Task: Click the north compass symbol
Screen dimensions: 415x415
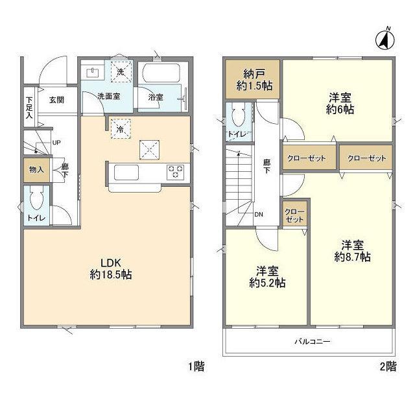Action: pyautogui.click(x=385, y=40)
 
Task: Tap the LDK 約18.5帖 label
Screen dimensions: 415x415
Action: pyautogui.click(x=111, y=268)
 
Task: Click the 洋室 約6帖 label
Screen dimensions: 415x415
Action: pyautogui.click(x=340, y=104)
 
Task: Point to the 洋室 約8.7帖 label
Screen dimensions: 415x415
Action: pyautogui.click(x=352, y=251)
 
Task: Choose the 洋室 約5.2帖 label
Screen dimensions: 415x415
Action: pyautogui.click(x=267, y=277)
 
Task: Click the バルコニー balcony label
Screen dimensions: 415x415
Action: pyautogui.click(x=313, y=342)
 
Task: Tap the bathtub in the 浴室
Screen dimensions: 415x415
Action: pyautogui.click(x=161, y=73)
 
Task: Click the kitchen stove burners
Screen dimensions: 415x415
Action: pyautogui.click(x=175, y=171)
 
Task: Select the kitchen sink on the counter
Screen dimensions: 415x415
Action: pyautogui.click(x=126, y=172)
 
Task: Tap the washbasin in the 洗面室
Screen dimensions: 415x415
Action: pyautogui.click(x=93, y=73)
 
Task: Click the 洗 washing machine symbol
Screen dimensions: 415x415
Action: pyautogui.click(x=121, y=72)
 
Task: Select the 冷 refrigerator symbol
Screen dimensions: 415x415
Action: pyautogui.click(x=121, y=129)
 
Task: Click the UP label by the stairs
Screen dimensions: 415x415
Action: pyautogui.click(x=56, y=143)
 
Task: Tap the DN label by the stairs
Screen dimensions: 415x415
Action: pyautogui.click(x=259, y=215)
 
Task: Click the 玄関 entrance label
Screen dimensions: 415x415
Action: pyautogui.click(x=56, y=100)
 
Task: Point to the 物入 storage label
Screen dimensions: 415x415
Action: pyautogui.click(x=36, y=170)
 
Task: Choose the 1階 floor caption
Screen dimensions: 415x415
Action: pyautogui.click(x=196, y=367)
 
